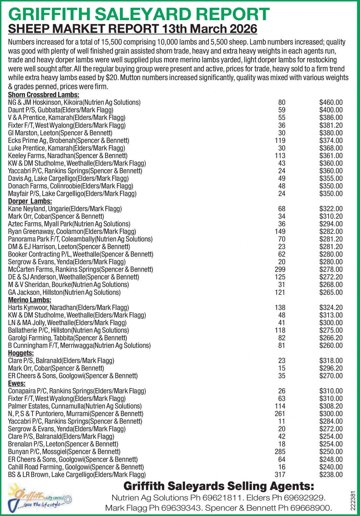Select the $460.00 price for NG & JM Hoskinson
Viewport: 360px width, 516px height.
(x=331, y=102)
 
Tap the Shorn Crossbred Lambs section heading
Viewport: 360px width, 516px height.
(x=44, y=95)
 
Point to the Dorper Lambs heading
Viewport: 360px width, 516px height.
(x=30, y=201)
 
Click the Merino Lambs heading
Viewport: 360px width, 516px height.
(x=30, y=300)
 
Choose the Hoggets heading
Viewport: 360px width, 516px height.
(x=21, y=353)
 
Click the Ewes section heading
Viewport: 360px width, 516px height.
(x=17, y=384)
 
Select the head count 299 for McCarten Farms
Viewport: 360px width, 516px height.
(x=280, y=270)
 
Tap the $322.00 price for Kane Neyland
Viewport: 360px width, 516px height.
(x=331, y=209)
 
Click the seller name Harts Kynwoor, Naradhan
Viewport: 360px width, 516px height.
(x=68, y=307)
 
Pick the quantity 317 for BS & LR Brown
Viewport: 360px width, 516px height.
(x=280, y=475)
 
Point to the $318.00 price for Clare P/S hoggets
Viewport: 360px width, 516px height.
(x=331, y=361)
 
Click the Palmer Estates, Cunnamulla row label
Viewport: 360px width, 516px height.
(x=75, y=406)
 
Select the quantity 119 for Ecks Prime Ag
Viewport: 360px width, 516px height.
(x=280, y=141)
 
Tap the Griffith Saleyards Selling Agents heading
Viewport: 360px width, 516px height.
(x=219, y=486)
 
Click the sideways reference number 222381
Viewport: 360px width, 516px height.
(x=353, y=498)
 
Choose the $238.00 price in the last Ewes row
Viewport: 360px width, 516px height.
(x=331, y=475)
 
